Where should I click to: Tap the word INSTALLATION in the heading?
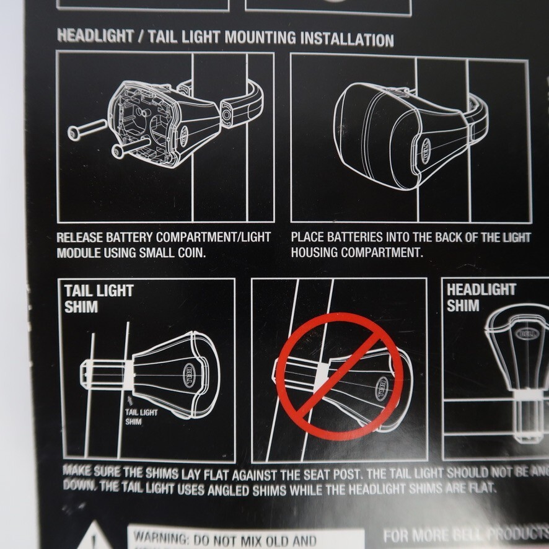point(348,39)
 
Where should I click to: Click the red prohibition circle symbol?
point(340,376)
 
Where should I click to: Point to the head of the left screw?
point(74,133)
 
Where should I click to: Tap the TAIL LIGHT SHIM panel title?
point(99,298)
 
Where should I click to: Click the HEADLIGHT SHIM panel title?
point(481,297)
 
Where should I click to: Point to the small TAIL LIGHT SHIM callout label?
point(142,416)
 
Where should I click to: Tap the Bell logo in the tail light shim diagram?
point(188,375)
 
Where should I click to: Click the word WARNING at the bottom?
point(161,537)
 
